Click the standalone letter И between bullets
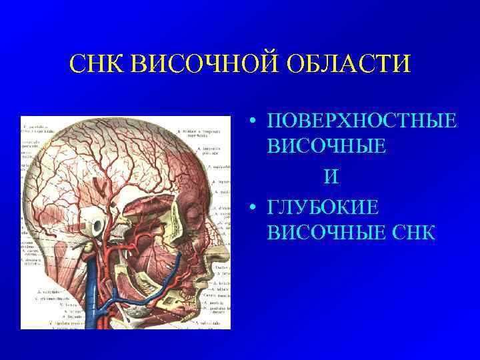[331, 177]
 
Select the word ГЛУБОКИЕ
[323, 208]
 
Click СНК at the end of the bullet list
[413, 233]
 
